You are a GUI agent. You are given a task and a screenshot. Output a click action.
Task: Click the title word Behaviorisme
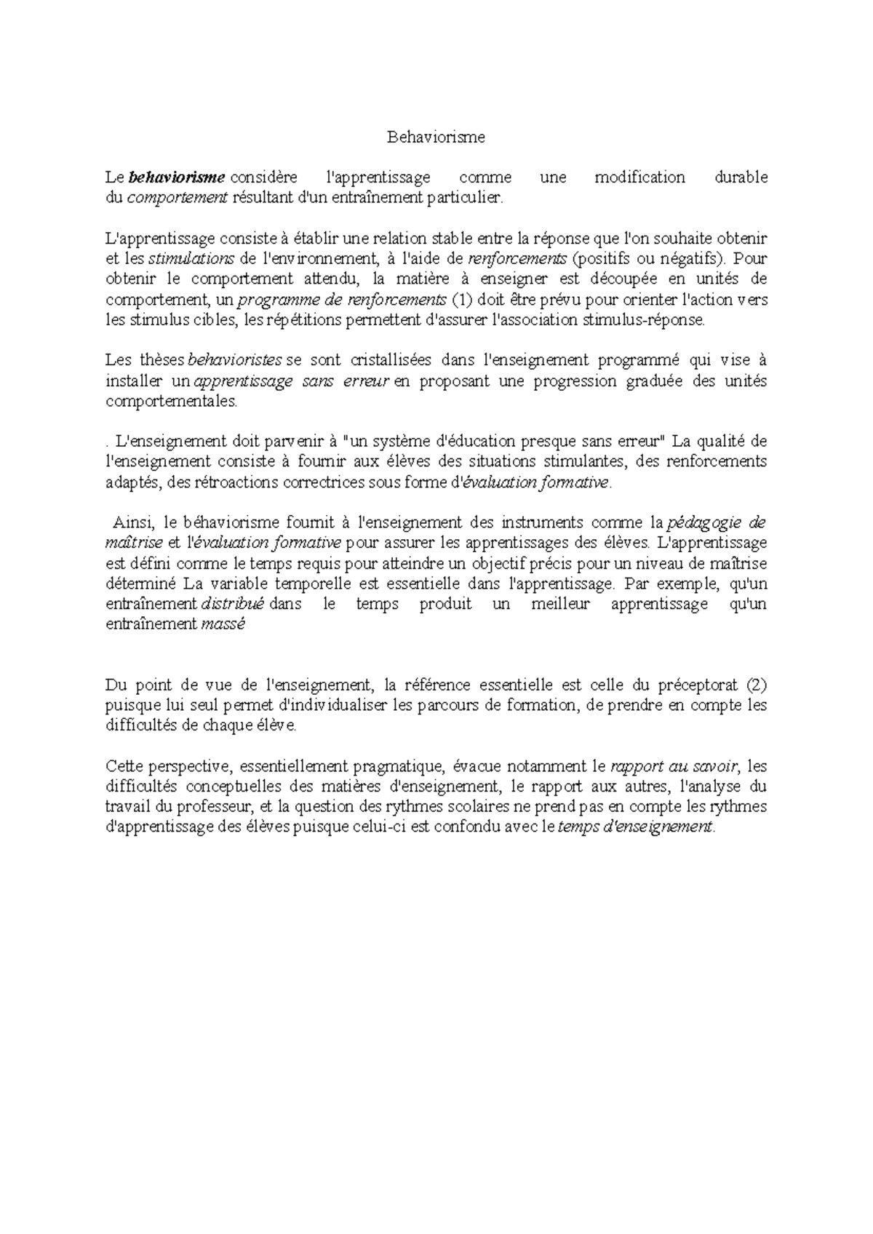(435, 137)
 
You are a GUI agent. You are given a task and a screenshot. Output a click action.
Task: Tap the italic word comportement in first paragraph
(178, 198)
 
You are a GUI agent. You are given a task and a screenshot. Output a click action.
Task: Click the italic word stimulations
(191, 259)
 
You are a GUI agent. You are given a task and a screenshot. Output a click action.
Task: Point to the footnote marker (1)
(462, 300)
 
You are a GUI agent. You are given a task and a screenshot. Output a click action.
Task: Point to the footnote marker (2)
(757, 685)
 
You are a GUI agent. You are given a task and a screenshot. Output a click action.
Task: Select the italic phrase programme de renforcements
(342, 300)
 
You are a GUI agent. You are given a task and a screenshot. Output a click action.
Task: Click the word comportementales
(171, 402)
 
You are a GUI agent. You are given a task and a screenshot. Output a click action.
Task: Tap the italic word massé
(223, 624)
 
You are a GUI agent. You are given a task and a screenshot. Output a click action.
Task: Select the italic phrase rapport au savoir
(674, 766)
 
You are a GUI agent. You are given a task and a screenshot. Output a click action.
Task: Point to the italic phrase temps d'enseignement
(634, 827)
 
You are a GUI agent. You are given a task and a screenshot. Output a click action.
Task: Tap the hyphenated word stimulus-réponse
(645, 320)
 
